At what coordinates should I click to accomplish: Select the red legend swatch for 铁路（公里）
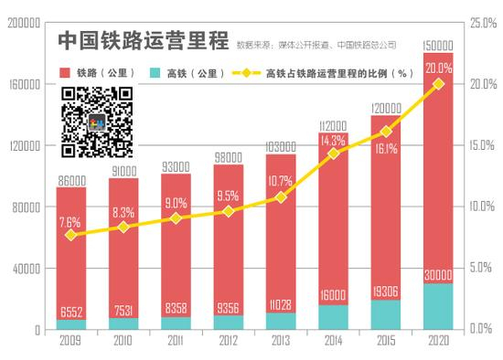66,72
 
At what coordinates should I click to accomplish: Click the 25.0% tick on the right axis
482,21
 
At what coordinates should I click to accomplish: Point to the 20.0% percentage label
438,67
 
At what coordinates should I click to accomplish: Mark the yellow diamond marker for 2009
71,235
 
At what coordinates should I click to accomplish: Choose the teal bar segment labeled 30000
437,306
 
